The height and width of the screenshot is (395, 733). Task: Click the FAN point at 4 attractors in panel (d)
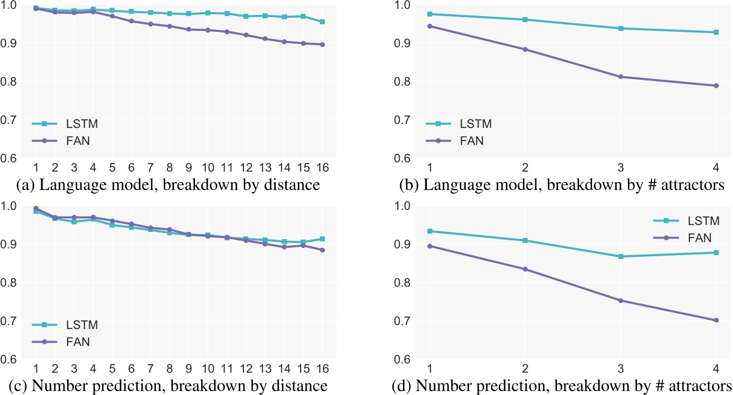pos(716,320)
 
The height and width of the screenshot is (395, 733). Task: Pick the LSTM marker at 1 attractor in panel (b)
pos(430,14)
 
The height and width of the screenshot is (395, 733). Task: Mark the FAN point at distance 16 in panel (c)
pos(322,250)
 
